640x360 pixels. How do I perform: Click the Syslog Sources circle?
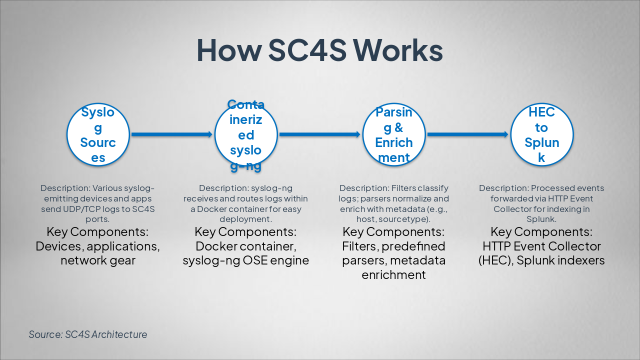pos(98,134)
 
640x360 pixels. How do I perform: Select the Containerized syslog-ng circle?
pos(246,134)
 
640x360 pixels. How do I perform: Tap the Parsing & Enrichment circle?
pos(394,134)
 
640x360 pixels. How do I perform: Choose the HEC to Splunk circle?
pos(541,134)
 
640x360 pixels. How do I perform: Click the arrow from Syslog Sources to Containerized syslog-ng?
pos(172,134)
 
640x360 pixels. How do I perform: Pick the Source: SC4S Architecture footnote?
pos(88,334)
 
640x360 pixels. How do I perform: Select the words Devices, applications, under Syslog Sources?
pos(98,246)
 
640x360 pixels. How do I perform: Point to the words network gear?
pos(98,260)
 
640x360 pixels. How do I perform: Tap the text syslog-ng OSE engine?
pos(246,260)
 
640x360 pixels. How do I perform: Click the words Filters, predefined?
pos(394,246)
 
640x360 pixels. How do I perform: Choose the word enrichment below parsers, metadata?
pos(394,274)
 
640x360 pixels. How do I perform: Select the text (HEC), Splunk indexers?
pos(541,260)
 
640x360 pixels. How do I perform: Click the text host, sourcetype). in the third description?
pos(394,219)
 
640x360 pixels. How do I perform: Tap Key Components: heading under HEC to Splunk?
pos(541,232)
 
